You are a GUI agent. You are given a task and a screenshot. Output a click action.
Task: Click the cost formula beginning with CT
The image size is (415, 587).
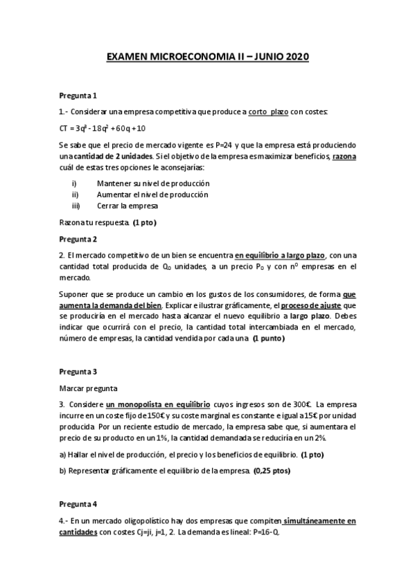(x=102, y=128)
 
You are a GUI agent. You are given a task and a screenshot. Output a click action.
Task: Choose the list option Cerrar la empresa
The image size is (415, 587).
(x=136, y=206)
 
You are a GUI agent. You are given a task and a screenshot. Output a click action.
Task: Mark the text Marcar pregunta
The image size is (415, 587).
(x=88, y=388)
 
